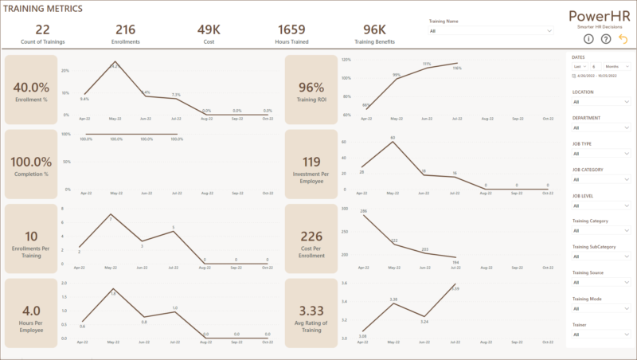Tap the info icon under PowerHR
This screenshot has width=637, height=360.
click(x=588, y=38)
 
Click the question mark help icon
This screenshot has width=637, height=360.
click(x=606, y=38)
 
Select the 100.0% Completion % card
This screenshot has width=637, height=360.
click(x=32, y=164)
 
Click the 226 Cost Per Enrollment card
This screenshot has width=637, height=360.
click(x=311, y=238)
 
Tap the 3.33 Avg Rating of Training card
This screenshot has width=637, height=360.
click(x=311, y=313)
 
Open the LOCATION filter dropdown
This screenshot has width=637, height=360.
click(x=600, y=101)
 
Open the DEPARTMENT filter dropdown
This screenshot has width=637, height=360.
click(x=600, y=127)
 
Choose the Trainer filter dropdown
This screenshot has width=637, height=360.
click(x=600, y=335)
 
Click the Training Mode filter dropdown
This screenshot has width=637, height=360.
click(x=600, y=308)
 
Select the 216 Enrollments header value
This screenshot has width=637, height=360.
click(x=125, y=29)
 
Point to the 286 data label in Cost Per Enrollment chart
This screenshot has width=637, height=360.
click(x=363, y=212)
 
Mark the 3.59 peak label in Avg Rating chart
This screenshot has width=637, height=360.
click(x=455, y=288)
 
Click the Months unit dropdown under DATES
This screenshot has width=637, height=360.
click(x=618, y=66)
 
